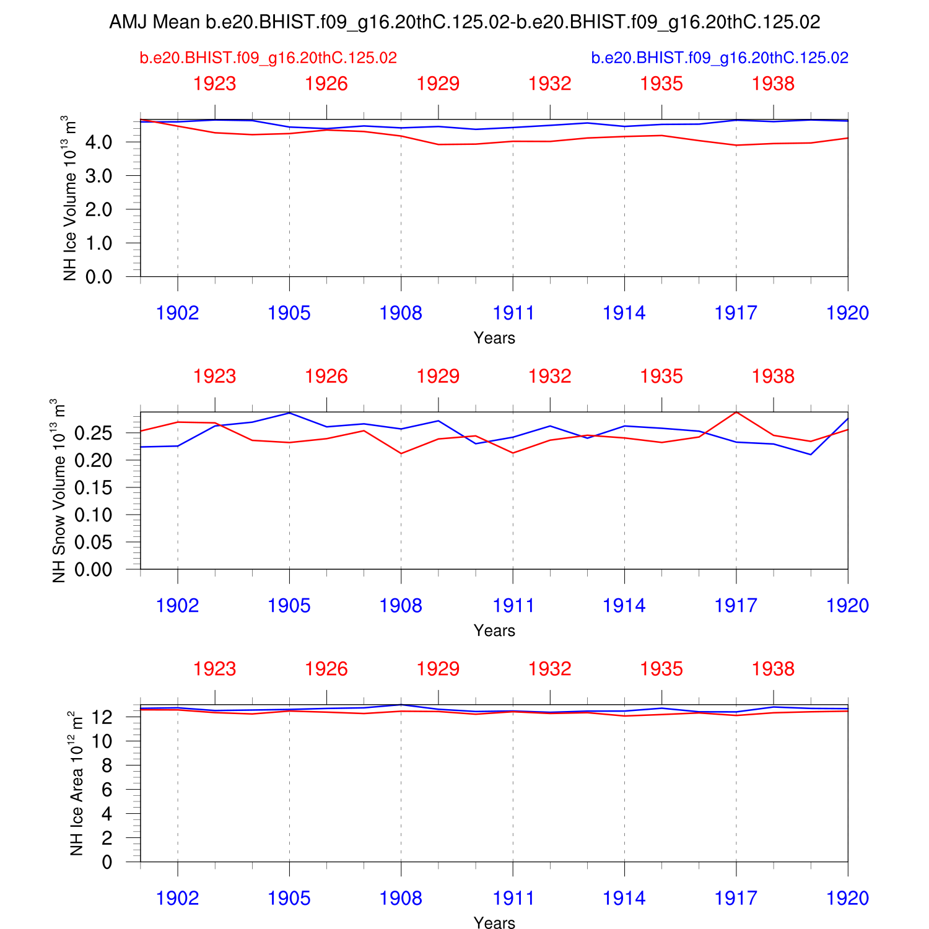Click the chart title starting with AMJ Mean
(464, 22)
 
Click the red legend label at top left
(268, 58)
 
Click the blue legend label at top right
(720, 58)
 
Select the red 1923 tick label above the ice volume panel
(215, 84)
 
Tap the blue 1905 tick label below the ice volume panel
(289, 313)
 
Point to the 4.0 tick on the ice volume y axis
(99, 142)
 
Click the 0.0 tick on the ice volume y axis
(99, 277)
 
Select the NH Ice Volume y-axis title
(70, 198)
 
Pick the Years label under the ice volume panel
(494, 338)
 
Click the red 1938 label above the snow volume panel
(773, 377)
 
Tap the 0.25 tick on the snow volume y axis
(94, 433)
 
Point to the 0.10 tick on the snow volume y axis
(94, 515)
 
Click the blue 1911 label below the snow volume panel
(513, 606)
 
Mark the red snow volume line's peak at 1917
(736, 412)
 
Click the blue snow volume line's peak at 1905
(289, 413)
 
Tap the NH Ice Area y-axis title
(76, 783)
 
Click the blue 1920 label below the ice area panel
(847, 899)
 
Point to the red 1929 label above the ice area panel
(438, 669)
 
